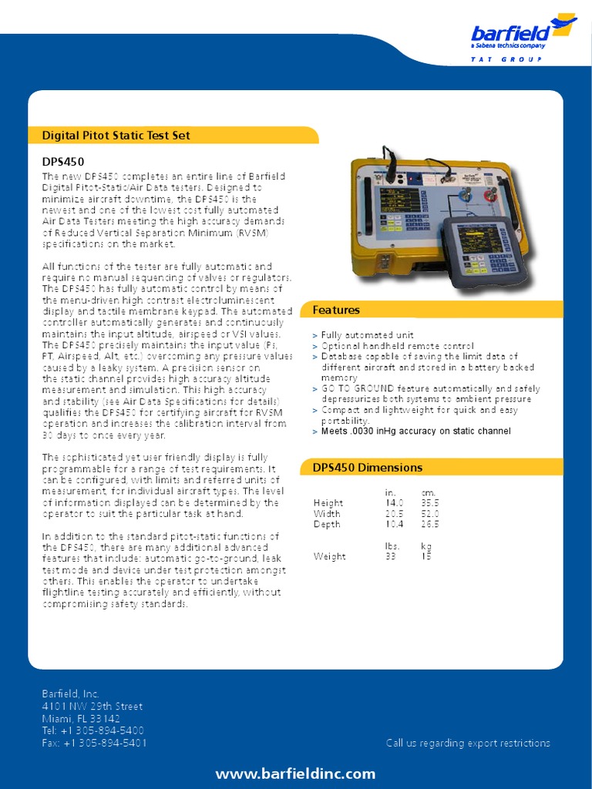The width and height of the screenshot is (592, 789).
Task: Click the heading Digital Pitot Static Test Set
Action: (116, 136)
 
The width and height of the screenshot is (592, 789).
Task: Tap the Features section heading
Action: (336, 310)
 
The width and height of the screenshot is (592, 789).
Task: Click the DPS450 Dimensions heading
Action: (367, 468)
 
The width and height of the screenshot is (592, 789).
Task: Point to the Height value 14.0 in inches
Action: (394, 502)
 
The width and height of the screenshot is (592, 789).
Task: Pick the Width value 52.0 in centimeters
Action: (429, 513)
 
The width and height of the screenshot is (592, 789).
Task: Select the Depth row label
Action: (327, 524)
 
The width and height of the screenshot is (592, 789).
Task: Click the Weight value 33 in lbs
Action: (390, 556)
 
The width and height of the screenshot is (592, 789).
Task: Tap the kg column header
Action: (425, 546)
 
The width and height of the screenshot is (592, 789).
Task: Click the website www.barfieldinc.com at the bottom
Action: (295, 774)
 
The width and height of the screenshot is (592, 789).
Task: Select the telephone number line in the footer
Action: (93, 730)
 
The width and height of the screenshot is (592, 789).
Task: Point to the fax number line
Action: (94, 743)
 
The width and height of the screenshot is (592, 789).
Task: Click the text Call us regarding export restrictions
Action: (468, 743)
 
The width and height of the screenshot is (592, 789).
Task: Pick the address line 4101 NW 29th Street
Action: (92, 706)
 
